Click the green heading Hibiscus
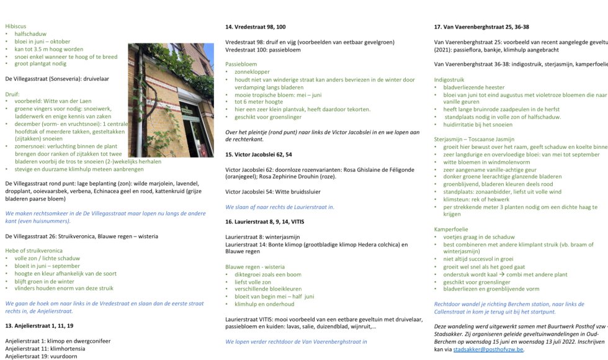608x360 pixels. click(16, 26)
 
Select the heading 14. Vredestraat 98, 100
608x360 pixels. click(255, 27)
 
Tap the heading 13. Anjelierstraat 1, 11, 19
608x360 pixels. click(39, 325)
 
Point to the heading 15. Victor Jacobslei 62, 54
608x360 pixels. click(259, 154)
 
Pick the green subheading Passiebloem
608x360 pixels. click(241, 64)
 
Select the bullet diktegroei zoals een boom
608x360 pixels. click(268, 274)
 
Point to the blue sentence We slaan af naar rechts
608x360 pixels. click(280, 207)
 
